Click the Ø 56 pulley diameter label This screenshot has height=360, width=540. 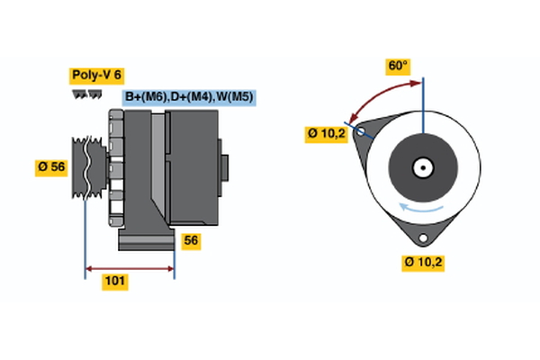click(x=50, y=167)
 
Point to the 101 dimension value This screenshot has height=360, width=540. click(x=113, y=282)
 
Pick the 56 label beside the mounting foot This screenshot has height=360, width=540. click(x=190, y=240)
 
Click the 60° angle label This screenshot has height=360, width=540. click(x=397, y=66)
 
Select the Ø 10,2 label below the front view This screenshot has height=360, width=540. click(x=424, y=262)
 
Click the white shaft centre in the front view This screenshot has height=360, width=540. click(x=421, y=166)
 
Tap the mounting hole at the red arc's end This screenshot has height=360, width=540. click(x=361, y=132)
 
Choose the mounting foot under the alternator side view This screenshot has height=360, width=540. click(x=147, y=240)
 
